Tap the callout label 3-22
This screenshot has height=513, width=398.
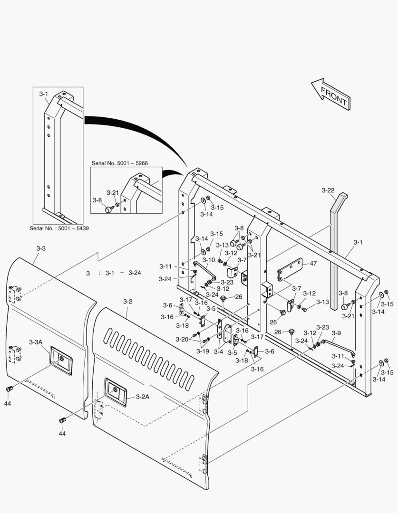328,190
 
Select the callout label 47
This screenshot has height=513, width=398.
313,263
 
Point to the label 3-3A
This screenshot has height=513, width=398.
36,342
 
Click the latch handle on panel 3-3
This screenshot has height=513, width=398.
60,361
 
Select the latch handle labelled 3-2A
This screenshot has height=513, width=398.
115,392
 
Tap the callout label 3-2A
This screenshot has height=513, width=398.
143,397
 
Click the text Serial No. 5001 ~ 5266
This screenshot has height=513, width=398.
119,163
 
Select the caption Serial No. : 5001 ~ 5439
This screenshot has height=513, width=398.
59,228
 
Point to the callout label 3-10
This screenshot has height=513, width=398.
209,260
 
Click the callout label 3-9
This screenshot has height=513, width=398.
336,333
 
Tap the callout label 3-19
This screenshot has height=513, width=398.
203,351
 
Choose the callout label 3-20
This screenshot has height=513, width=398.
182,339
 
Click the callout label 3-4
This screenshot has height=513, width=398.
218,351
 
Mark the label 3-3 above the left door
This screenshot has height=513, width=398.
41,248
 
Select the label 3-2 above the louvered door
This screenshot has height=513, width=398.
128,302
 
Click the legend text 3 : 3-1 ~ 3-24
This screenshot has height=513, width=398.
113,273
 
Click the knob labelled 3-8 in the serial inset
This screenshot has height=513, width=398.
108,209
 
